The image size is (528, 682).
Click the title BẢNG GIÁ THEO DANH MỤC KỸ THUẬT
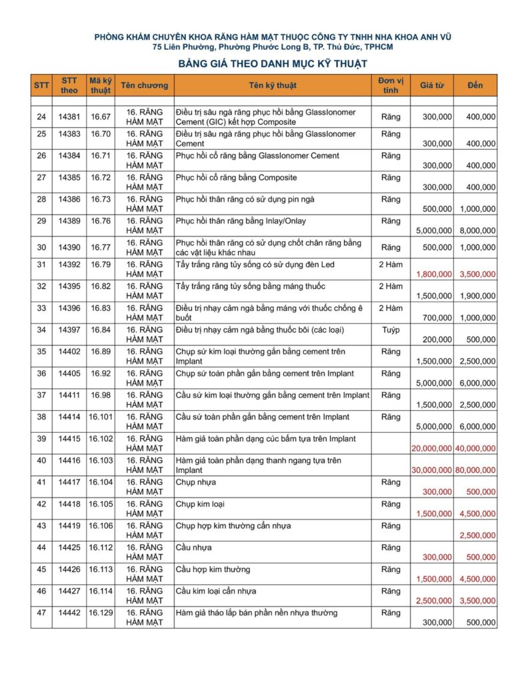point(273,64)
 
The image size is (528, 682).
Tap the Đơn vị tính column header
point(391,85)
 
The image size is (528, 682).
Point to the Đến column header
point(475,85)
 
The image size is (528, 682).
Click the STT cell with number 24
point(41,117)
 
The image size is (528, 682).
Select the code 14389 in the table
point(69,220)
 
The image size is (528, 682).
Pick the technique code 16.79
point(101,264)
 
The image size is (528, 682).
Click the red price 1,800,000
point(434,274)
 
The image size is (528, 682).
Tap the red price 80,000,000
point(475,470)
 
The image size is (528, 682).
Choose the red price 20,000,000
point(432,448)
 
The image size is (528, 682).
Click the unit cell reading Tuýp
point(391,330)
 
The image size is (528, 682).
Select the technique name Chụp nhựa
point(195,482)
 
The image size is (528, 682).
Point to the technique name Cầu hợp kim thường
point(213,569)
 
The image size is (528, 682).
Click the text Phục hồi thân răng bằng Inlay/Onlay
point(241,220)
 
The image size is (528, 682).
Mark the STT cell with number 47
point(41,613)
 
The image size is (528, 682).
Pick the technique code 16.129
point(101,613)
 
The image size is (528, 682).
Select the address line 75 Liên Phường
point(273,47)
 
